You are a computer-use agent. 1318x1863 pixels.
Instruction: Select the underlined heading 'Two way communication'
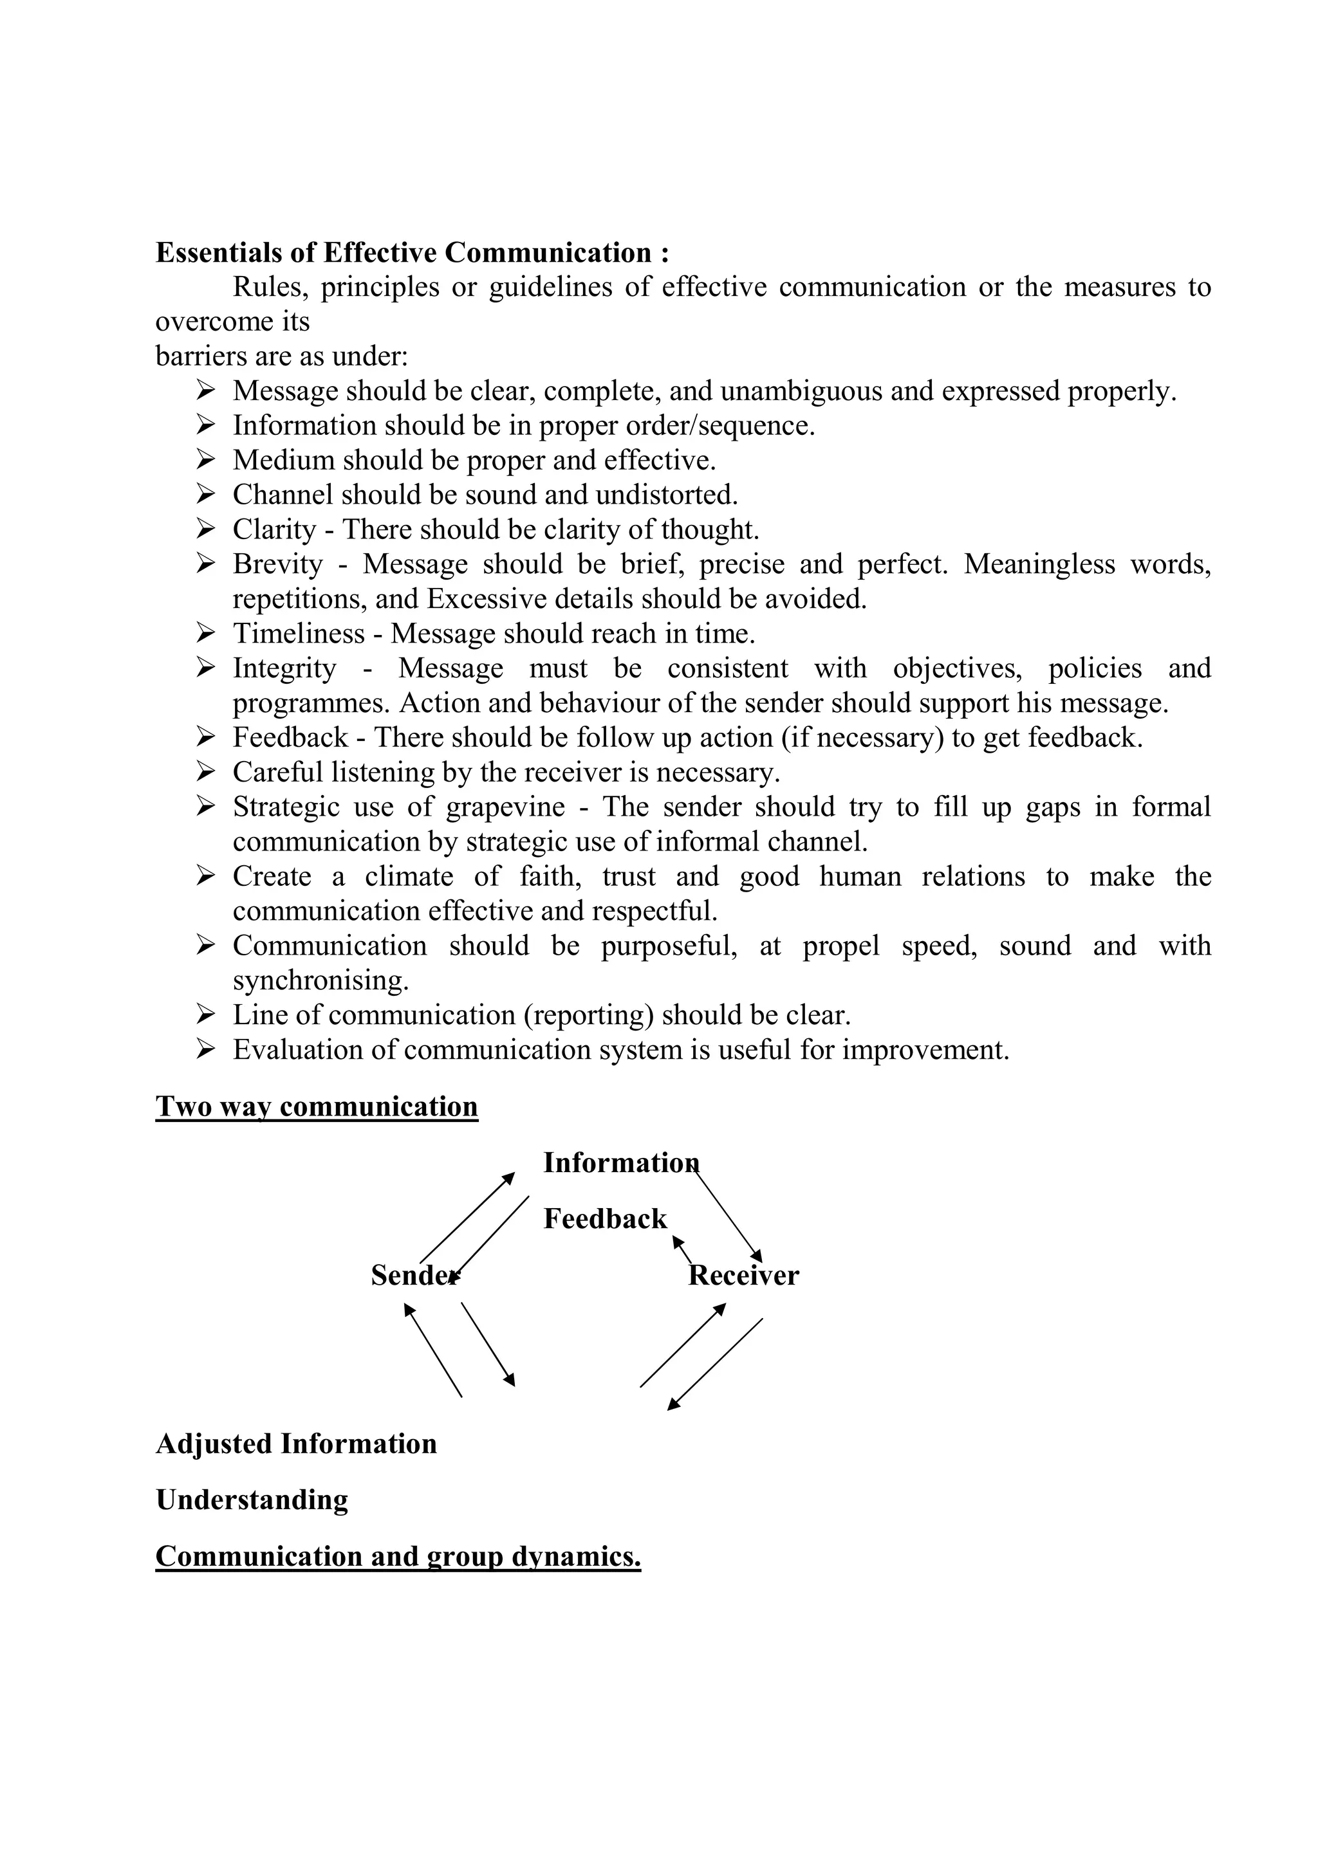tap(317, 1106)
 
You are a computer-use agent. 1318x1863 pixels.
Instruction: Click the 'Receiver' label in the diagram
tap(743, 1276)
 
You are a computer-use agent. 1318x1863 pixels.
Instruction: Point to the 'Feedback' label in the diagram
tap(605, 1219)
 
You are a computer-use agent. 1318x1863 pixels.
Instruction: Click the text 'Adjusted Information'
tap(296, 1444)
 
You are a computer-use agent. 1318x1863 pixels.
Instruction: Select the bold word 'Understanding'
tap(252, 1500)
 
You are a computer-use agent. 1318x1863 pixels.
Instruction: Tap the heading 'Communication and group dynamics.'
tap(398, 1556)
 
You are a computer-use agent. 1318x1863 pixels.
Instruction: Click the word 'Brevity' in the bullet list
tap(277, 564)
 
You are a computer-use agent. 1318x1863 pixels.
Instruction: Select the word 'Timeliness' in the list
tap(299, 634)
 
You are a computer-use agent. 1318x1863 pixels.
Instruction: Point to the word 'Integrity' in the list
tap(284, 668)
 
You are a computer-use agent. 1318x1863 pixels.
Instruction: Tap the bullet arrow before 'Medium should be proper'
tap(205, 460)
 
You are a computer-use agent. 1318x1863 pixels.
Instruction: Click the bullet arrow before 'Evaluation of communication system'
tap(205, 1050)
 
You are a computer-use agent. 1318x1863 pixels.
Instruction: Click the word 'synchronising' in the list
tap(320, 981)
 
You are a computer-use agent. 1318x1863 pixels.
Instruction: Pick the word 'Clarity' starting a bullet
tap(274, 530)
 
